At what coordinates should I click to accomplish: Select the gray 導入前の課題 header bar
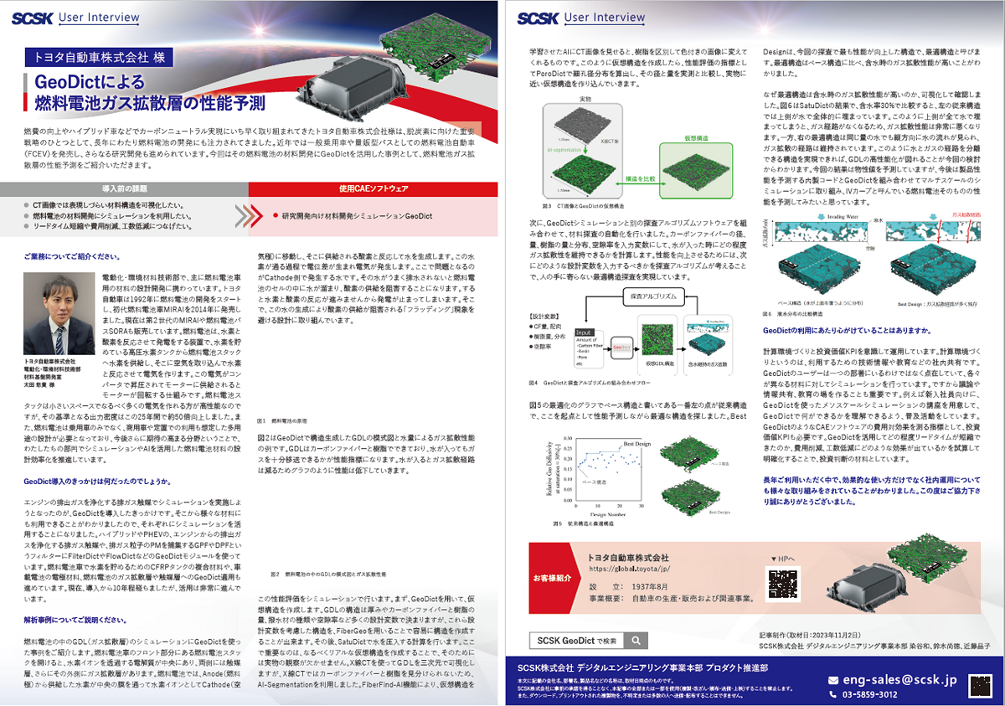[125, 212]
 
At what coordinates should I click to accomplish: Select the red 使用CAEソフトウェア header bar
[374, 212]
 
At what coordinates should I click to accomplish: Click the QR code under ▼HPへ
[782, 583]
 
